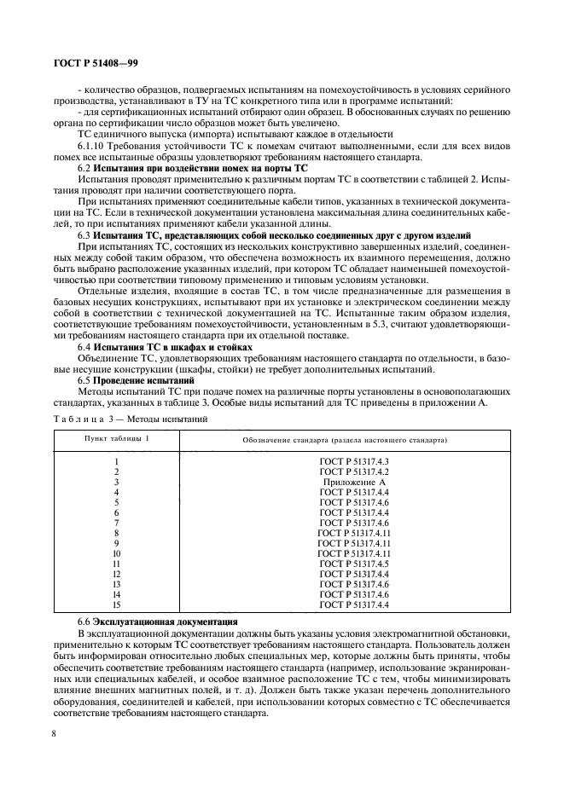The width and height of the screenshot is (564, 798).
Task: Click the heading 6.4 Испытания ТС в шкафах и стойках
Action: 165,347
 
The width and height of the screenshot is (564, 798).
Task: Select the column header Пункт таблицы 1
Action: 115,438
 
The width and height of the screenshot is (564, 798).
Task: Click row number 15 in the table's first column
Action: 115,604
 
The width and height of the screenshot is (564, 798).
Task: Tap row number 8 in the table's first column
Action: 115,533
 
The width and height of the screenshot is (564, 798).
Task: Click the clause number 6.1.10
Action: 94,146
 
